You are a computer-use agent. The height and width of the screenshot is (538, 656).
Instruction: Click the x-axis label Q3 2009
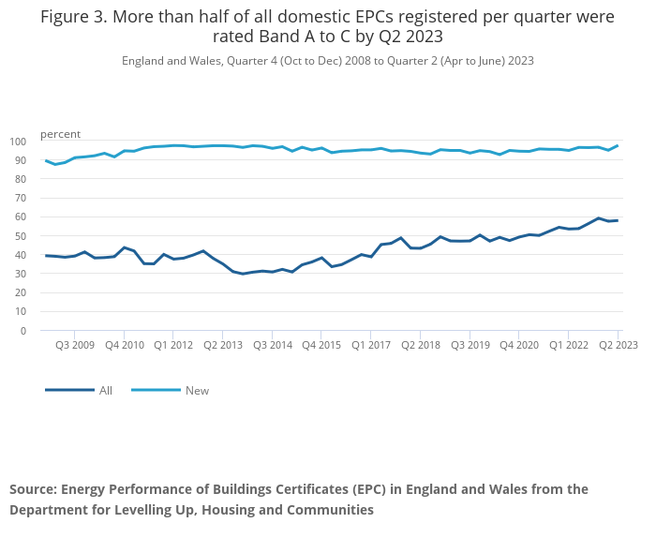tap(75, 345)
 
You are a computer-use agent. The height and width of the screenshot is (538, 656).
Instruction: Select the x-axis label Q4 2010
tap(125, 345)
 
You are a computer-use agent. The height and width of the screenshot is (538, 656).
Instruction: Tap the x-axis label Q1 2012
tap(173, 345)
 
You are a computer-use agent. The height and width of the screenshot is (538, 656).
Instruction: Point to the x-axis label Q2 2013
tap(223, 345)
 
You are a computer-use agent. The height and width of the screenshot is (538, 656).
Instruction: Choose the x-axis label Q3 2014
tap(272, 345)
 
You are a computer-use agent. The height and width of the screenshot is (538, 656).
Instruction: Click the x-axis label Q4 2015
tap(321, 345)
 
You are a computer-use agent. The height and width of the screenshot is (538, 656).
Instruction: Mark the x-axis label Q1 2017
tap(371, 345)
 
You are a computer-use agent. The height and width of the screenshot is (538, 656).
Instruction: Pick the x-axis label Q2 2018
tap(421, 345)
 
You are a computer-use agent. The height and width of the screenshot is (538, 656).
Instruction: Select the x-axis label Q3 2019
tap(470, 345)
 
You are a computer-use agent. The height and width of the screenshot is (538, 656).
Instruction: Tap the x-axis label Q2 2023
tap(618, 345)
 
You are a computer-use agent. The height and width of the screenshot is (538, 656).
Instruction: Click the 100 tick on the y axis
tap(18, 142)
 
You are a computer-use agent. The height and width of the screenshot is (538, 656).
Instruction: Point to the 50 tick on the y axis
tap(21, 236)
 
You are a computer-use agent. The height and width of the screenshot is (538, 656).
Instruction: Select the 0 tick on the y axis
tap(23, 331)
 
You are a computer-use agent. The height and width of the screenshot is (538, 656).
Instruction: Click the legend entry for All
tap(106, 391)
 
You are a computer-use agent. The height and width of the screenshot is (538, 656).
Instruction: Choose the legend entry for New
tap(197, 391)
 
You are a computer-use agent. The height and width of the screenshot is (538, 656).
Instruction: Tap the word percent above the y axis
tap(60, 134)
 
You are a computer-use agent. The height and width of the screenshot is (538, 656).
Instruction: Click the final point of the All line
tap(617, 220)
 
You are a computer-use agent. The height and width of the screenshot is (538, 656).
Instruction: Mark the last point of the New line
tap(617, 145)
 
